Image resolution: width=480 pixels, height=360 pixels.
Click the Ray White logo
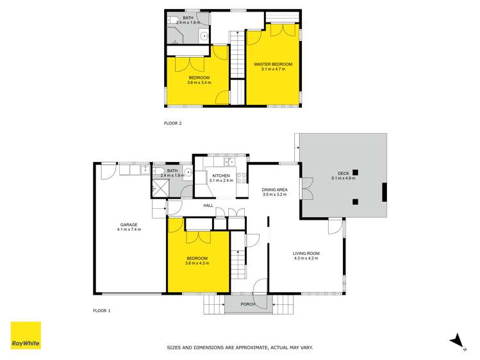[x=26, y=336]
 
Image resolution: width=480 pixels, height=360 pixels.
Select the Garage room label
[x=129, y=224]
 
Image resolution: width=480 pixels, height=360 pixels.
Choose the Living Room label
[x=306, y=254]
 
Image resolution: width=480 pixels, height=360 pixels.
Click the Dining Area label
[x=274, y=190]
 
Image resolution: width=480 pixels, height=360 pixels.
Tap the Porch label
[x=248, y=304]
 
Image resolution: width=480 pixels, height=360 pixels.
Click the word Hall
[x=208, y=206]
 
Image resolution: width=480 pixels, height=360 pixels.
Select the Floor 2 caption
[x=173, y=123]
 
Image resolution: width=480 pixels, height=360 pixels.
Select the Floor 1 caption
[x=101, y=311]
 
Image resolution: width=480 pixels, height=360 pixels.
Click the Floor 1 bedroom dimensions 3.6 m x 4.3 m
[x=197, y=263]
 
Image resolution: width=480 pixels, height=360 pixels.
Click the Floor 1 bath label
[x=172, y=171]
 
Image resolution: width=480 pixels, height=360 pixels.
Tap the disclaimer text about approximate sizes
[x=240, y=348]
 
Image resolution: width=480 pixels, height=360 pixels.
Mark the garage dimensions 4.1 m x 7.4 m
[x=129, y=229]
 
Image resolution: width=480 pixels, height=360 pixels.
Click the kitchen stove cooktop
[x=242, y=178]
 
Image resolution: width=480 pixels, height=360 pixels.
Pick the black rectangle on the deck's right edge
[x=384, y=192]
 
